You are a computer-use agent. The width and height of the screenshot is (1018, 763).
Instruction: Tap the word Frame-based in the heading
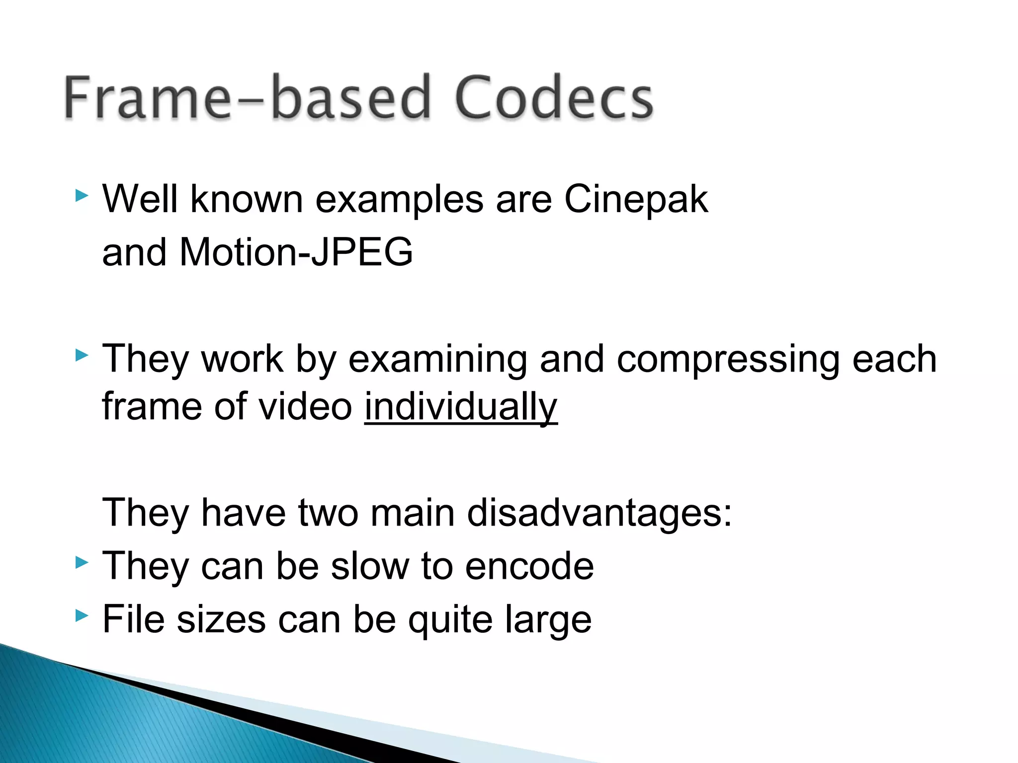coord(247,97)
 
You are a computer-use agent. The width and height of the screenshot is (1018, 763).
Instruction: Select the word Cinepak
coord(636,199)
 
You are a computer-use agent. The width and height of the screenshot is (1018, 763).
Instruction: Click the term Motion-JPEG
coord(296,252)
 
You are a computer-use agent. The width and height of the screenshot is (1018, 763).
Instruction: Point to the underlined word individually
coord(461,406)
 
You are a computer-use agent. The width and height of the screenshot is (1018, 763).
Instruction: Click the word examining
coord(437,359)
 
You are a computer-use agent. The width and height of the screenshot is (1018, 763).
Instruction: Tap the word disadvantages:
coord(599,513)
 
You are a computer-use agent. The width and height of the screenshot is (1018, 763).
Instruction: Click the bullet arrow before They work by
coord(82,355)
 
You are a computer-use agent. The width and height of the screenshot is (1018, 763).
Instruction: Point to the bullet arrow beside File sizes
coord(82,616)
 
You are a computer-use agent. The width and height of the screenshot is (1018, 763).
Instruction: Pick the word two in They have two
coord(328,513)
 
